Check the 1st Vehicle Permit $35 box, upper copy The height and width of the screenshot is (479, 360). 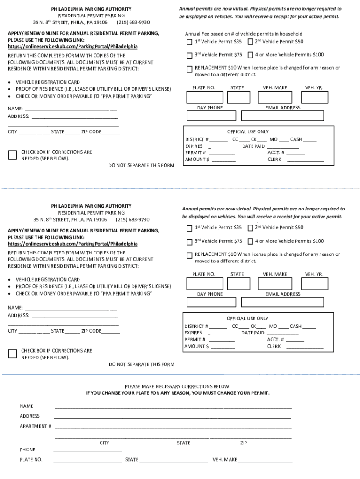tap(189, 42)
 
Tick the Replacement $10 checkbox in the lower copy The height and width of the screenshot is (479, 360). tap(189, 255)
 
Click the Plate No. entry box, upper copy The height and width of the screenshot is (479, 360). tap(204, 97)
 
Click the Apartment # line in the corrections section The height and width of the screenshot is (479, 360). tap(173, 427)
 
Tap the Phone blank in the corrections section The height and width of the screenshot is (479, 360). tap(87, 450)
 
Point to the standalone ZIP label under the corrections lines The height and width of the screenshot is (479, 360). tap(244, 443)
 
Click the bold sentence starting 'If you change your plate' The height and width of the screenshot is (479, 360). tap(178, 393)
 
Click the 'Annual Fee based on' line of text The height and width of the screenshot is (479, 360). tap(244, 34)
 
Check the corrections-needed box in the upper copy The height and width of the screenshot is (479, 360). tap(13, 155)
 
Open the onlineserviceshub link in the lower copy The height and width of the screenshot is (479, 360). tap(73, 244)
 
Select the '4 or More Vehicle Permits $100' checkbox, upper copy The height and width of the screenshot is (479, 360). tap(250, 55)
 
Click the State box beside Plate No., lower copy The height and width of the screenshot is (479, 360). tap(238, 284)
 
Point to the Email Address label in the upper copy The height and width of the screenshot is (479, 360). tap(283, 108)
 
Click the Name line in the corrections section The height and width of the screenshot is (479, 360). tap(173, 406)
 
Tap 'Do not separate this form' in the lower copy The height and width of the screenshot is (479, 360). tap(141, 365)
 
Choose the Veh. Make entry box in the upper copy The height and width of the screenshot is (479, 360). tap(274, 97)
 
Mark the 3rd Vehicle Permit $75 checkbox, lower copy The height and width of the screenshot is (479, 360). tap(189, 242)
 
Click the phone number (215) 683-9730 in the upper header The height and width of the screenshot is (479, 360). tap(133, 22)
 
